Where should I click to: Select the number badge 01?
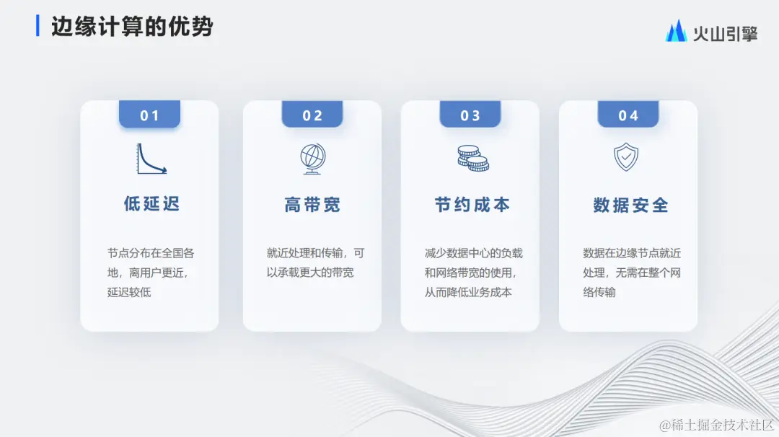point(149,115)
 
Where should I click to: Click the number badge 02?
point(312,115)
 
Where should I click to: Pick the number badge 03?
point(470,115)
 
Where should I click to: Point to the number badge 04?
point(628,115)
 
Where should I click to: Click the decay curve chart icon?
point(151,159)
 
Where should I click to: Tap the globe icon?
point(312,159)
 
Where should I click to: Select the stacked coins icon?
point(472,158)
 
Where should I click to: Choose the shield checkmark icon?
point(625,157)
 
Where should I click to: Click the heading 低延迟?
point(151,205)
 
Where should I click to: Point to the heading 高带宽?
point(312,206)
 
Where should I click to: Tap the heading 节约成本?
point(472,206)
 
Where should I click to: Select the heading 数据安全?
point(630,206)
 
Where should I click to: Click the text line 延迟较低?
point(129,293)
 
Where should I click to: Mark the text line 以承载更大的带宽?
point(310,273)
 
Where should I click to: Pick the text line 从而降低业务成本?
point(468,293)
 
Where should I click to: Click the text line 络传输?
point(599,293)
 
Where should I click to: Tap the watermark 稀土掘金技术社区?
point(718,425)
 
